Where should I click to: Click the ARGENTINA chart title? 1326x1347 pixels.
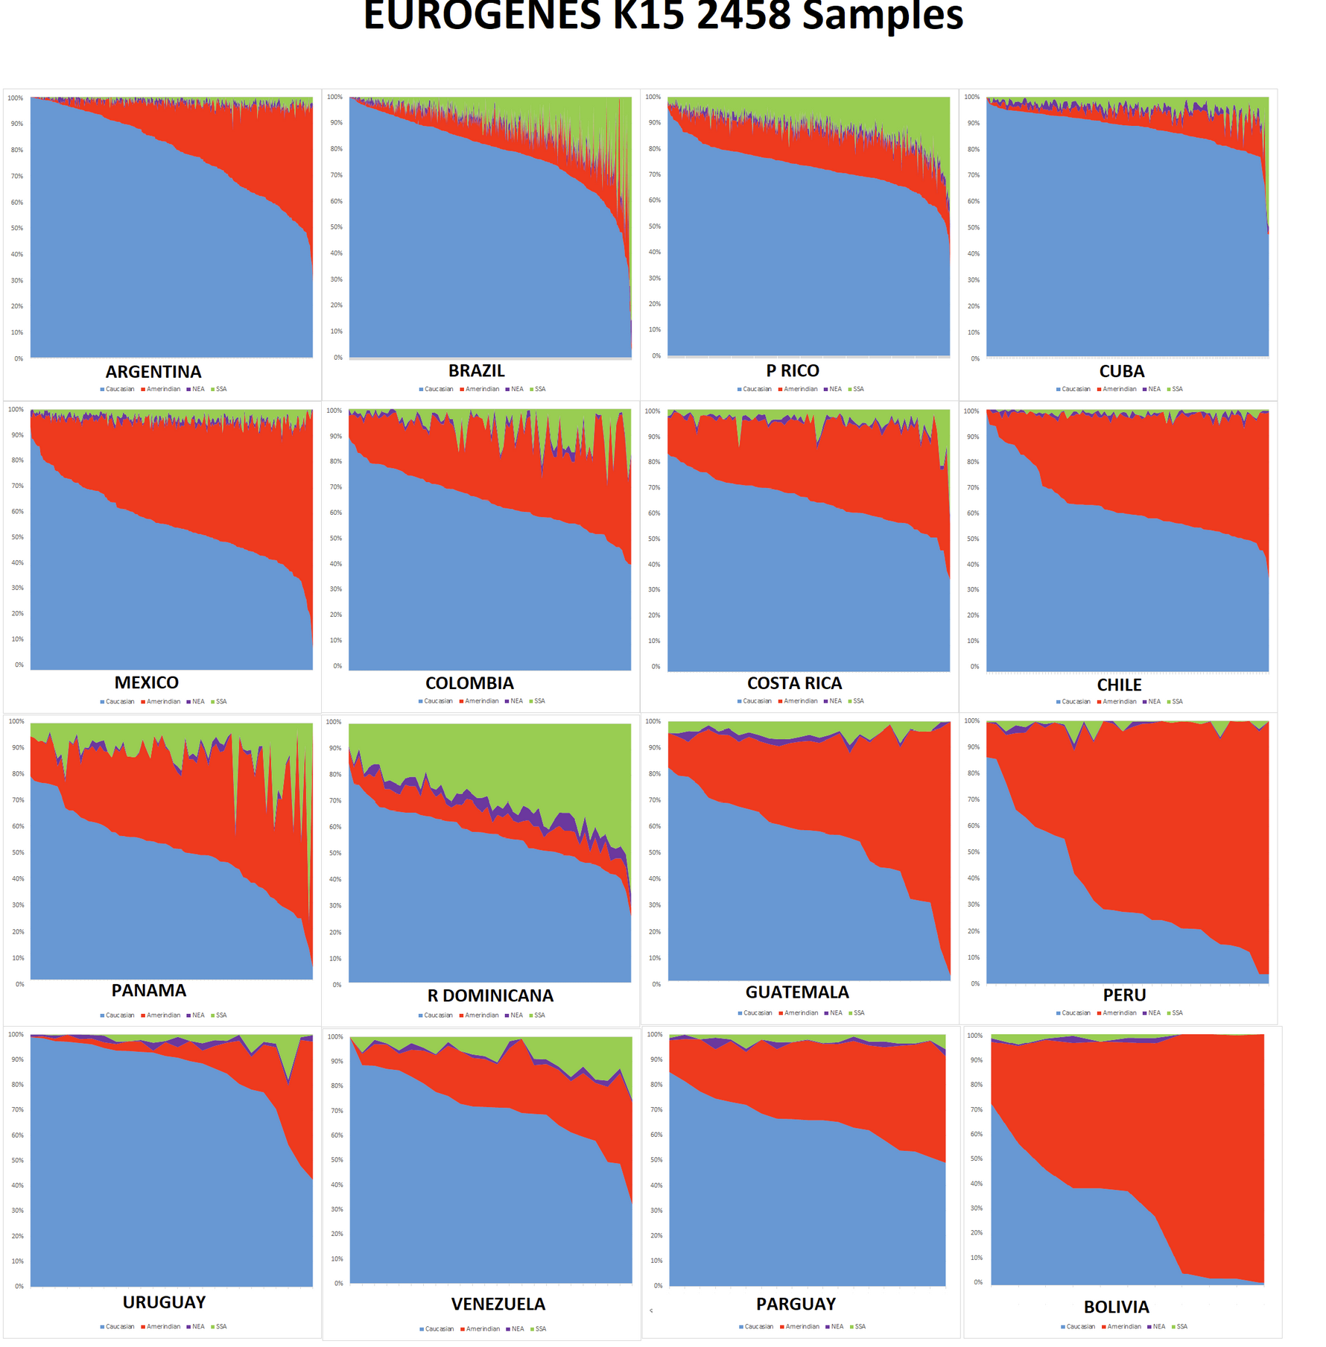pos(153,372)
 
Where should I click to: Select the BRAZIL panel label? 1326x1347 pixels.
pos(477,371)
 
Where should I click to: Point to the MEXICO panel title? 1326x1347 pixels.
pos(147,682)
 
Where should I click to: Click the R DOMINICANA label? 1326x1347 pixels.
pos(490,996)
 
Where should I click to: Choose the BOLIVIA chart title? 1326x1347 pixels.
pos(1117,1307)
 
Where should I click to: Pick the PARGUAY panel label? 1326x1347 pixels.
pos(796,1304)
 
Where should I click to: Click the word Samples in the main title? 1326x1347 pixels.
pos(883,16)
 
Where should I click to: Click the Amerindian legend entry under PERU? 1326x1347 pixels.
pos(1120,1013)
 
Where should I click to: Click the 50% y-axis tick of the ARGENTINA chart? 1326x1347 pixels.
pos(16,228)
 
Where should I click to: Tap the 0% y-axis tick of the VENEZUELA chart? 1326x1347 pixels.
pos(338,1284)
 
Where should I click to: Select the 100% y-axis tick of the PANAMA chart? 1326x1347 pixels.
pos(16,721)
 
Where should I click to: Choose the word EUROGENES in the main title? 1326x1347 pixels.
pos(482,16)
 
